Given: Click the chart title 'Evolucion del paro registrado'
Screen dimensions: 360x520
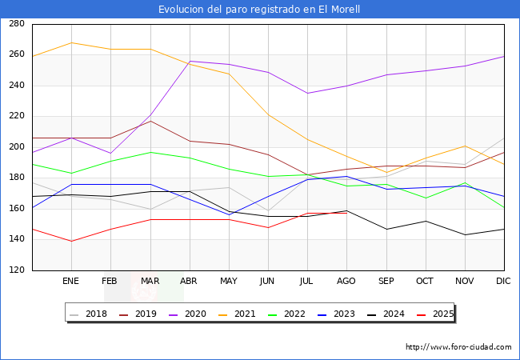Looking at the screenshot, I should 259,10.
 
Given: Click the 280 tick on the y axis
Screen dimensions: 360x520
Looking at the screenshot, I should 16,24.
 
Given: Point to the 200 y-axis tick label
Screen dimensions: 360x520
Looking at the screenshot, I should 16,147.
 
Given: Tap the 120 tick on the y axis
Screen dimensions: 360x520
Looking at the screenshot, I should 16,270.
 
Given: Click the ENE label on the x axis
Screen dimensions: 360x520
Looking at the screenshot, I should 71,282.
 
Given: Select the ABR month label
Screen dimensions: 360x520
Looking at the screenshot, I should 190,282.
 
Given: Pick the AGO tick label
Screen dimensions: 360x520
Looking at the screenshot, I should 347,282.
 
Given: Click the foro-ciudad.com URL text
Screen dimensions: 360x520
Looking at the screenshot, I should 458,347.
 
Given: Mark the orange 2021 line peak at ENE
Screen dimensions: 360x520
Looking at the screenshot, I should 71,42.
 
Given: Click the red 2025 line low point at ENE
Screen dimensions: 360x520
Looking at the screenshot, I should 71,241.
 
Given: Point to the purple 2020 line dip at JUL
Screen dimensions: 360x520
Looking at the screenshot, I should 307,93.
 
